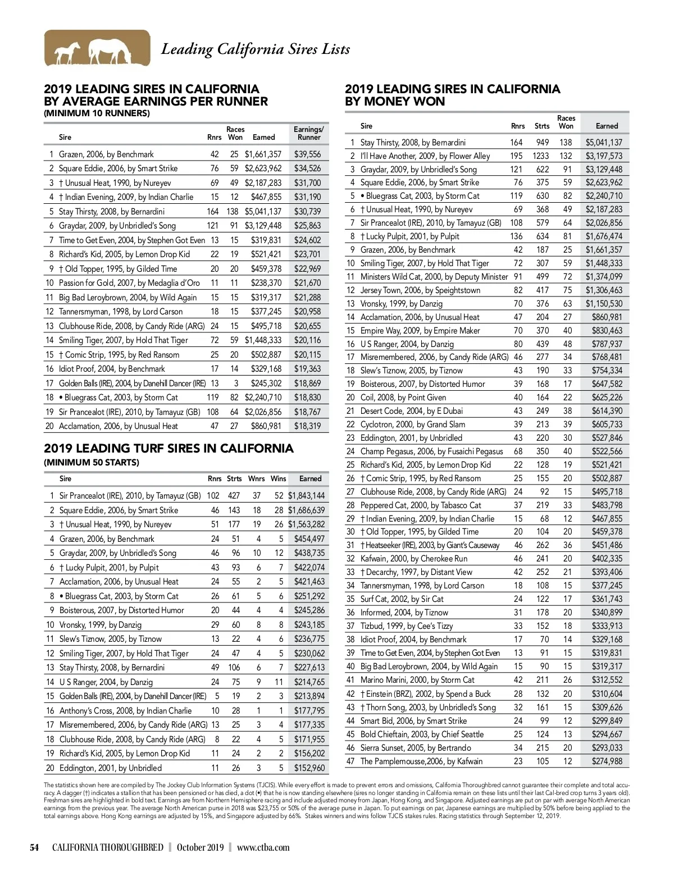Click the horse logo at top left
(x=97, y=48)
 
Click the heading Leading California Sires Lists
(x=256, y=49)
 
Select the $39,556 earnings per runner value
(x=307, y=154)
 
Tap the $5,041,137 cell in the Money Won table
(x=604, y=143)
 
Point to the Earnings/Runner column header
(x=309, y=133)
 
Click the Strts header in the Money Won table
(x=542, y=126)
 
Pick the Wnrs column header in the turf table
(x=256, y=479)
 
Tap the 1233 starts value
(x=541, y=156)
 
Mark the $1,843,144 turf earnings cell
(x=306, y=496)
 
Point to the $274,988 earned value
(x=607, y=761)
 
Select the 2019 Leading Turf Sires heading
(x=168, y=449)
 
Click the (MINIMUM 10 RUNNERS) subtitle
(x=97, y=113)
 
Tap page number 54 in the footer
(x=34, y=847)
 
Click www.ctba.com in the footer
(x=263, y=847)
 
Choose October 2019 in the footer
(x=200, y=847)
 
